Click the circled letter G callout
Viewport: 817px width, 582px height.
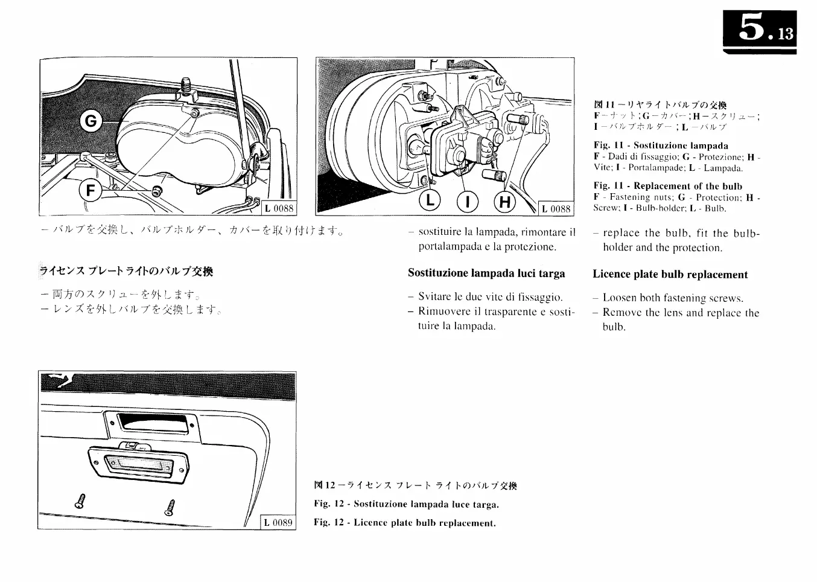pyautogui.click(x=90, y=121)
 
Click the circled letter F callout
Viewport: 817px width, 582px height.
pyautogui.click(x=91, y=191)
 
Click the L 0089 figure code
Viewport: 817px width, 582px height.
pyautogui.click(x=278, y=522)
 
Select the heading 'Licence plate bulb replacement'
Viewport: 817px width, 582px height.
pyautogui.click(x=670, y=275)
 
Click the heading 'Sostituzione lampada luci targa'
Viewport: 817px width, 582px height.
pyautogui.click(x=486, y=273)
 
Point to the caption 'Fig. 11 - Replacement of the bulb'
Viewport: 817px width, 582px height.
pyautogui.click(x=667, y=186)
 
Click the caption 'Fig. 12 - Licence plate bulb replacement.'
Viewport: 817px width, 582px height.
pyautogui.click(x=404, y=523)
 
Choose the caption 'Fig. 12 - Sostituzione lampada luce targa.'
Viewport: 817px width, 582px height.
pyautogui.click(x=406, y=504)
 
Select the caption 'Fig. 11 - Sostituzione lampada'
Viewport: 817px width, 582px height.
pyautogui.click(x=660, y=145)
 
